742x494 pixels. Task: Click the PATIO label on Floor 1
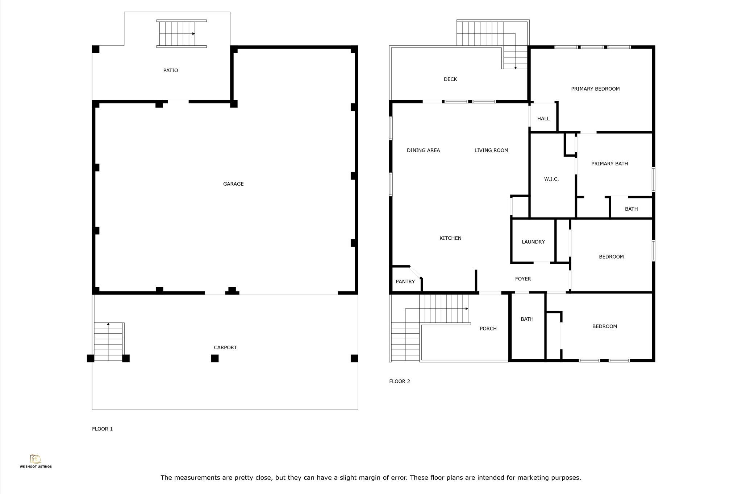[x=171, y=70]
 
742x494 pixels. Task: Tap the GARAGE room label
[x=233, y=184]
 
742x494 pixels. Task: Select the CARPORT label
[x=225, y=347]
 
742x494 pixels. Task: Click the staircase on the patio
[x=182, y=33]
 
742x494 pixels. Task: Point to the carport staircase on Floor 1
[x=109, y=342]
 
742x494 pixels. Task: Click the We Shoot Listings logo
[x=36, y=461]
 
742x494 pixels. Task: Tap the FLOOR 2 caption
[x=400, y=381]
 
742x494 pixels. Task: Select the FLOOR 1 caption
[x=103, y=429]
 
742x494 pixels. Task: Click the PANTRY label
[x=405, y=281]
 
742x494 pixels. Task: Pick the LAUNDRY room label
[x=533, y=242]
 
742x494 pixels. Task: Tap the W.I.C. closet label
[x=551, y=179]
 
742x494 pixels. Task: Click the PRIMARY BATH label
[x=610, y=164]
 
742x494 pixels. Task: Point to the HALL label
[x=543, y=119]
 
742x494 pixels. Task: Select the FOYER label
[x=523, y=279]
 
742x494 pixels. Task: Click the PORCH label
[x=488, y=329]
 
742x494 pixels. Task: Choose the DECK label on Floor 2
[x=450, y=79]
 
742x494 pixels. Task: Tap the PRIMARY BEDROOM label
[x=595, y=89]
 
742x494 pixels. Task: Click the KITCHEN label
[x=450, y=238]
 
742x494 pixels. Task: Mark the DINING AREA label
[x=423, y=150]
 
